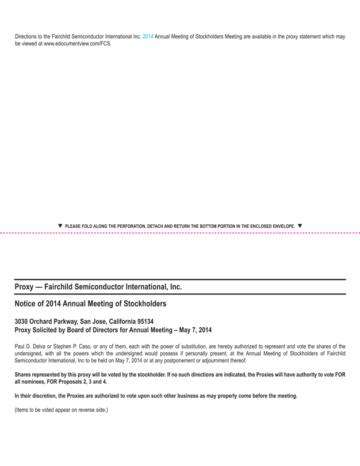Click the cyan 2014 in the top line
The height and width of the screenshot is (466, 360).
pos(148,37)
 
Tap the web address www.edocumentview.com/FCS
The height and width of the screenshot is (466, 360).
pos(78,44)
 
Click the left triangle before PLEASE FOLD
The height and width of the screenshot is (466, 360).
pos(60,226)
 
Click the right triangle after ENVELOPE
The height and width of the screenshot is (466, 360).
pos(300,226)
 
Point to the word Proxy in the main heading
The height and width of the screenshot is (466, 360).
pos(25,287)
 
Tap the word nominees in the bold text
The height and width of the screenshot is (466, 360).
pos(35,381)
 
